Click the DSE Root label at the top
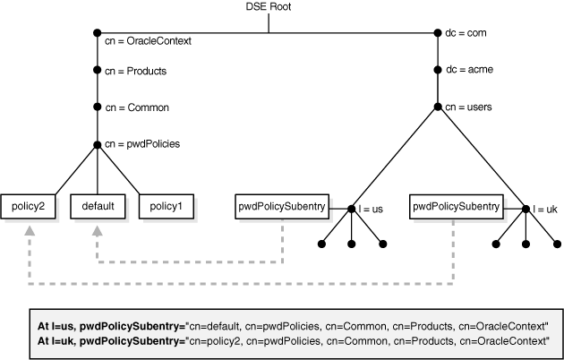(268, 9)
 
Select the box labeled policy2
(28, 206)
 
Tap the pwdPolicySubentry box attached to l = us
(281, 206)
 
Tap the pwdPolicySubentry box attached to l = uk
(456, 206)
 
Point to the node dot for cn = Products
(95, 70)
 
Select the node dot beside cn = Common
(95, 107)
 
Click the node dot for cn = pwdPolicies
(95, 143)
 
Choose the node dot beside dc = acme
(438, 70)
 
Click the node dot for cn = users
(438, 107)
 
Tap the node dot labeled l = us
(352, 209)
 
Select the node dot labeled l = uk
(526, 209)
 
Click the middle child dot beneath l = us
(352, 243)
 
